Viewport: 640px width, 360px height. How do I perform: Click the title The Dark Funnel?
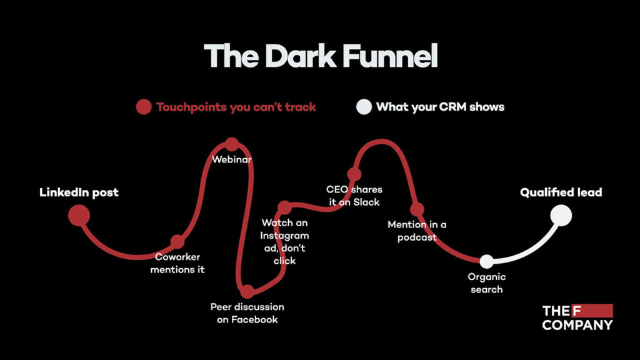320,56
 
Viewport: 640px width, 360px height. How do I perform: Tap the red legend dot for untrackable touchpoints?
144,107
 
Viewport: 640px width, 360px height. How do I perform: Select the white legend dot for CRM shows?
364,107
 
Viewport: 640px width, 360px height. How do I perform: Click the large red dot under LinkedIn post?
79,216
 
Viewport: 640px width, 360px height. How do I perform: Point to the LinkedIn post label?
79,192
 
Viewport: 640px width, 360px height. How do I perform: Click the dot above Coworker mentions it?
177,241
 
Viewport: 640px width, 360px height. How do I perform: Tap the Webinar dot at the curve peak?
232,144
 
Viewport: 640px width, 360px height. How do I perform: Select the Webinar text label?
232,160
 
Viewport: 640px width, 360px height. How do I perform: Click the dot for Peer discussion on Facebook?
247,291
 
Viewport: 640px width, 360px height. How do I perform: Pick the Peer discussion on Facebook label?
247,313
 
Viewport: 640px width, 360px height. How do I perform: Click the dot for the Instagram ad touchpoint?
284,207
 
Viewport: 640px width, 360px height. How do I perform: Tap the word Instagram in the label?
285,236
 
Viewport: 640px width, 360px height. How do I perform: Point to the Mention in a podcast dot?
417,209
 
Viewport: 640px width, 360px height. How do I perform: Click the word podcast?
417,237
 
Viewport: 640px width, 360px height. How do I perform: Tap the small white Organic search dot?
486,261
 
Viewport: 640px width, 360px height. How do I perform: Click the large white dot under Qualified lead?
561,216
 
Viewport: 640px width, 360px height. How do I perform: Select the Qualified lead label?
561,192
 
